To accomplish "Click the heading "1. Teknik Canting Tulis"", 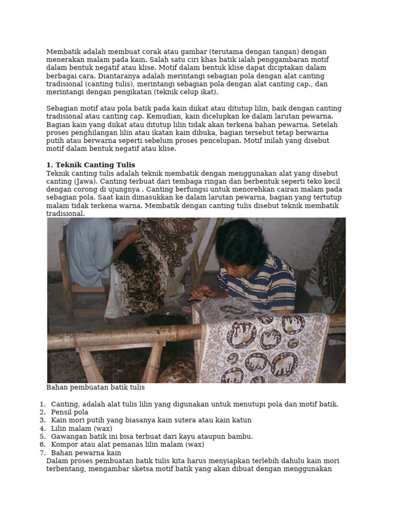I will (91, 165).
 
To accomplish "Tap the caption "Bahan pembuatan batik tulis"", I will (95, 387).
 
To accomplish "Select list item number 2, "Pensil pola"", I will (70, 412).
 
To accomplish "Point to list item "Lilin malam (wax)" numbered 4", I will (81, 428).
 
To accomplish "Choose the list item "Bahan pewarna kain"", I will (86, 453).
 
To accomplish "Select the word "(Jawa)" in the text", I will (84, 181).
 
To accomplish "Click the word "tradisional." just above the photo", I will (65, 213).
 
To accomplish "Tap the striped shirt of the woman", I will (261, 281).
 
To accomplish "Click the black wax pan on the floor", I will (166, 318).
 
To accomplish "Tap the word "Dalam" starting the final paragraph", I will (56, 461).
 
